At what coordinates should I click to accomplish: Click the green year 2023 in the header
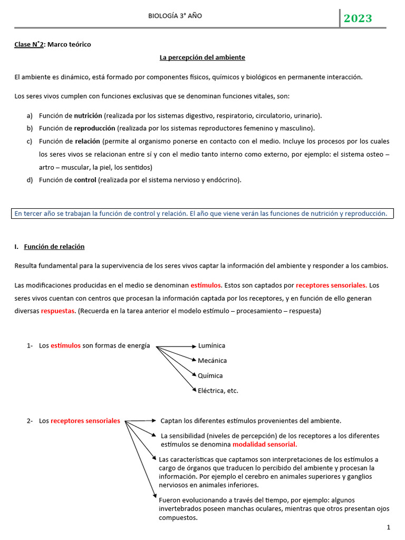point(358,18)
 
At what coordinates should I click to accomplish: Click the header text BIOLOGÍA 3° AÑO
point(176,16)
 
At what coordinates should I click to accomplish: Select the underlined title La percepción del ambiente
point(202,57)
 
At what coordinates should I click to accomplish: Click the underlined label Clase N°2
point(30,44)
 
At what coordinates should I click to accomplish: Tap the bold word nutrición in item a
point(88,115)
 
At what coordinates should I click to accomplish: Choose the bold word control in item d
point(85,180)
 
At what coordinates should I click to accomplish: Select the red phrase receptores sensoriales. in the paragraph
point(332,285)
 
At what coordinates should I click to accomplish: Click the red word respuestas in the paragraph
point(58,311)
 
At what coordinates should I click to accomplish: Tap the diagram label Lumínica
point(211,345)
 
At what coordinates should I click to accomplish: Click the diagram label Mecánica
point(212,361)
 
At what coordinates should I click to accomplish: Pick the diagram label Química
point(210,375)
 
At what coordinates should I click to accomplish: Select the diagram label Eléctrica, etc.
point(218,391)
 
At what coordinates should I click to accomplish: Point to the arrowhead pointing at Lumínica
point(194,346)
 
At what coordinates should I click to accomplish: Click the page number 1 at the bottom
point(388,527)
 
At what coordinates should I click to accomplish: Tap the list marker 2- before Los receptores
point(30,421)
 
